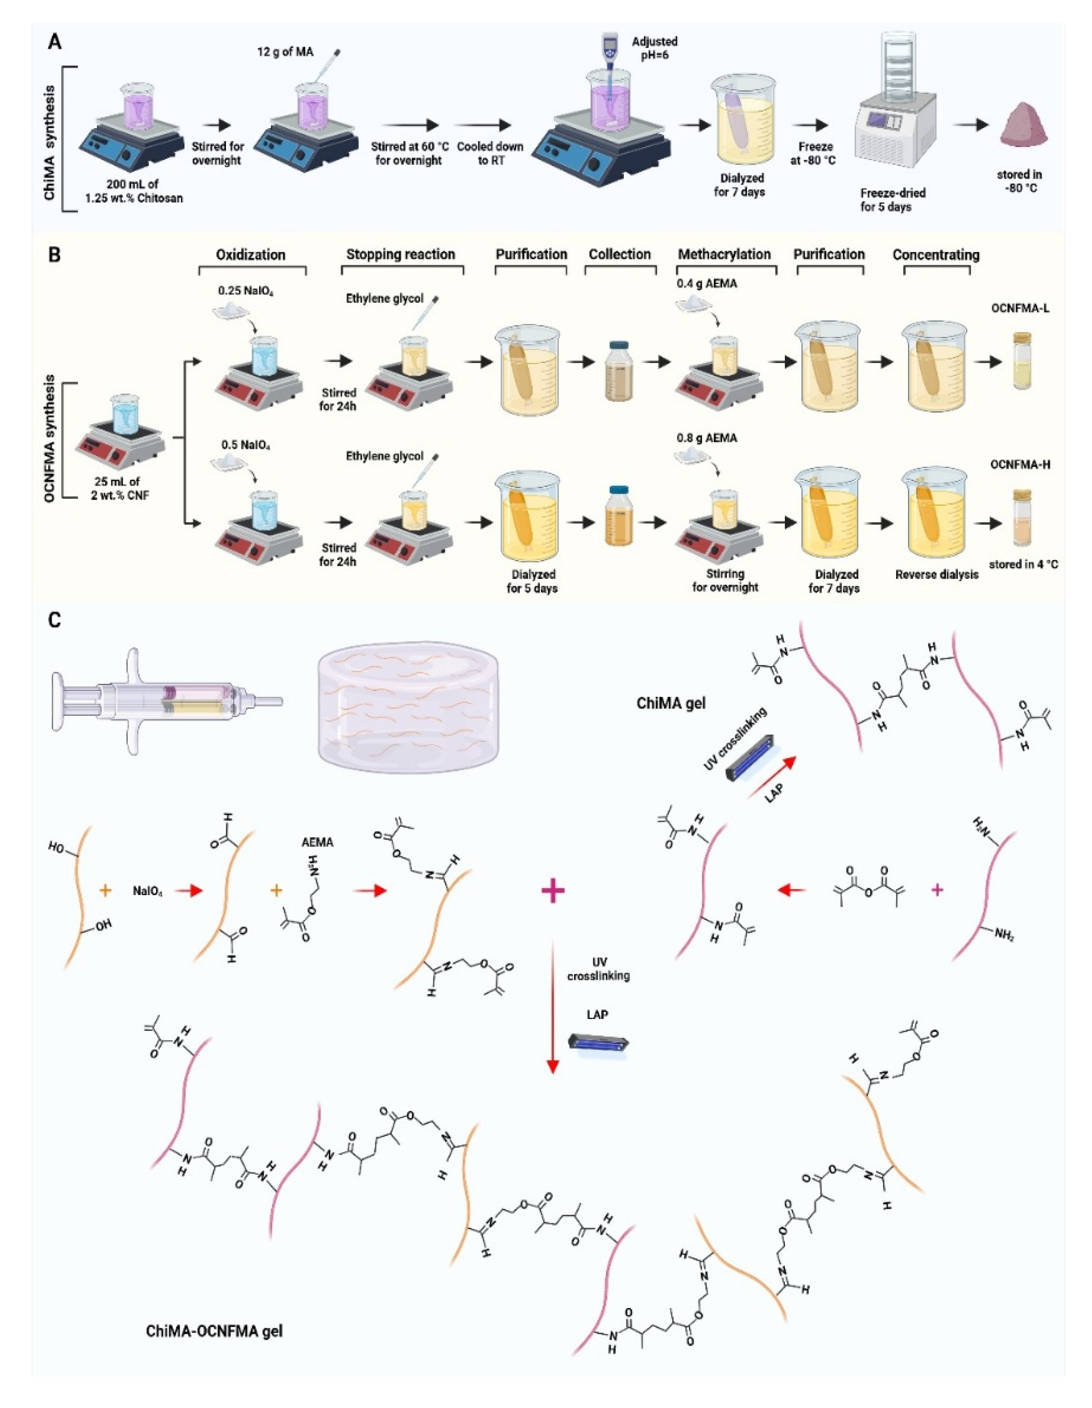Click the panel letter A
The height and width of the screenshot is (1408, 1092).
[x=55, y=42]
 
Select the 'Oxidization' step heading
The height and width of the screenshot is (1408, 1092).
[x=250, y=255]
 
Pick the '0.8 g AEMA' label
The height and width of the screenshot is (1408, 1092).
[x=706, y=438]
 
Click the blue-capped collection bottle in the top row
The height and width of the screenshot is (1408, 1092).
[x=618, y=370]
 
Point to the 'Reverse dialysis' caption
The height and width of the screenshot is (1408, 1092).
[x=937, y=574]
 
